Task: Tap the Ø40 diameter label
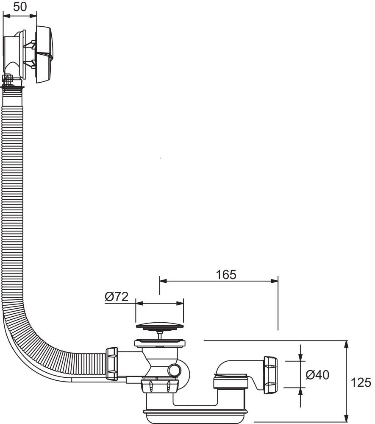point(317,375)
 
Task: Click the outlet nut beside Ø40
point(270,375)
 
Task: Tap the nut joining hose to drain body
point(111,363)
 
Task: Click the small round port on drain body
point(174,370)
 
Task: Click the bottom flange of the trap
point(195,412)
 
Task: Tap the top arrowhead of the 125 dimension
point(347,344)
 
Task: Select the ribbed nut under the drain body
point(159,386)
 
